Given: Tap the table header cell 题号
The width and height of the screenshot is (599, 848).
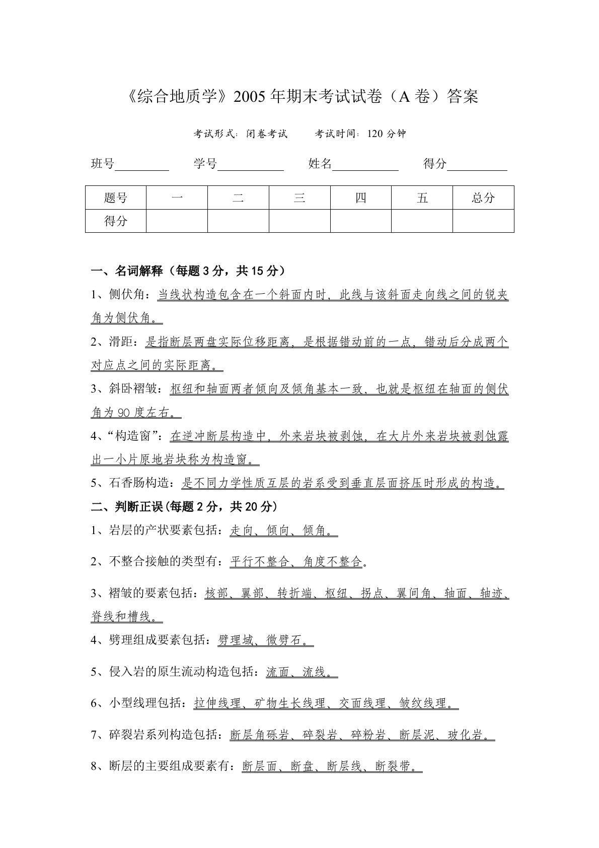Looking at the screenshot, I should click(x=116, y=198).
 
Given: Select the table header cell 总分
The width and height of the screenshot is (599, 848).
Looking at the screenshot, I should click(x=483, y=198).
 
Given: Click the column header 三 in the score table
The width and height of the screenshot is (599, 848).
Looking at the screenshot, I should click(x=299, y=198).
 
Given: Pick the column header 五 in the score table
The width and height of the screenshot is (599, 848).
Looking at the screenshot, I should click(x=422, y=198).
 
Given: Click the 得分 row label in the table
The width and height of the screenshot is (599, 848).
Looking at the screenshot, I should click(x=116, y=221).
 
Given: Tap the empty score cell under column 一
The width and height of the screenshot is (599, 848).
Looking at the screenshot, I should click(x=177, y=221).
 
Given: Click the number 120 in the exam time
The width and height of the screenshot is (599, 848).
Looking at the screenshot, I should click(x=376, y=134).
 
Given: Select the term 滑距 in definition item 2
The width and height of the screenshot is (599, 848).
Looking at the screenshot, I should click(x=121, y=342).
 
